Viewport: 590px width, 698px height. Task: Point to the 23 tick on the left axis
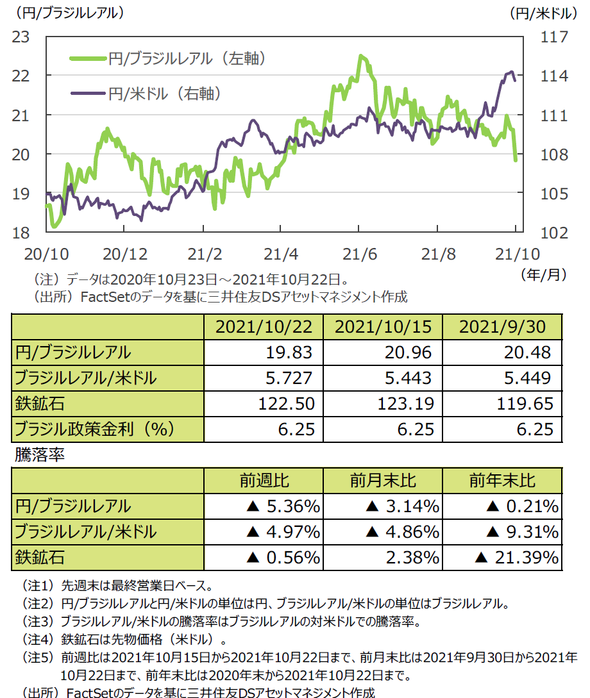coord(22,37)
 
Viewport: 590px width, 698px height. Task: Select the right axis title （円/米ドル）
coord(548,12)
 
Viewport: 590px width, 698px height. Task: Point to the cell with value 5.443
coord(410,378)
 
